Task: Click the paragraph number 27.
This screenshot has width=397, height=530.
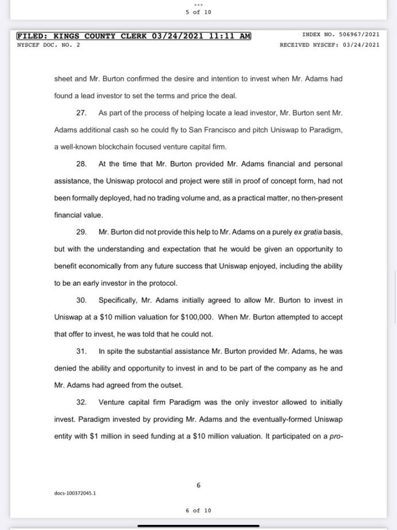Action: pyautogui.click(x=81, y=113)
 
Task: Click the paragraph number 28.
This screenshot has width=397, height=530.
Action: pyautogui.click(x=81, y=164)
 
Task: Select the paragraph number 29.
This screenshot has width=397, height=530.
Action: pyautogui.click(x=81, y=232)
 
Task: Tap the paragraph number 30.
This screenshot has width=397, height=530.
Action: pyautogui.click(x=81, y=300)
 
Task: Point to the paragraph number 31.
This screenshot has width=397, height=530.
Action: pyautogui.click(x=81, y=351)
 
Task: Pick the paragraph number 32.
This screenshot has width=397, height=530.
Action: pyautogui.click(x=81, y=402)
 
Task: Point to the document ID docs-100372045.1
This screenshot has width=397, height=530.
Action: pyautogui.click(x=75, y=493)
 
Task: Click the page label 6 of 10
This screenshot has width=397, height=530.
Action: pyautogui.click(x=198, y=510)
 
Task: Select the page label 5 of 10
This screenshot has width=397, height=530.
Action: pyautogui.click(x=198, y=12)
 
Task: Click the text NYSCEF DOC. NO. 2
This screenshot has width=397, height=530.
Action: pyautogui.click(x=49, y=45)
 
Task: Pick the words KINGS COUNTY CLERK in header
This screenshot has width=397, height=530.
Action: pyautogui.click(x=101, y=36)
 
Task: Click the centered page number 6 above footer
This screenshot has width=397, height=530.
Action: pyautogui.click(x=199, y=485)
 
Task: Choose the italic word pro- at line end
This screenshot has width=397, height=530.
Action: pyautogui.click(x=336, y=436)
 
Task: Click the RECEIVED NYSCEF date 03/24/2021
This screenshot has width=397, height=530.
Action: pyautogui.click(x=361, y=45)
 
